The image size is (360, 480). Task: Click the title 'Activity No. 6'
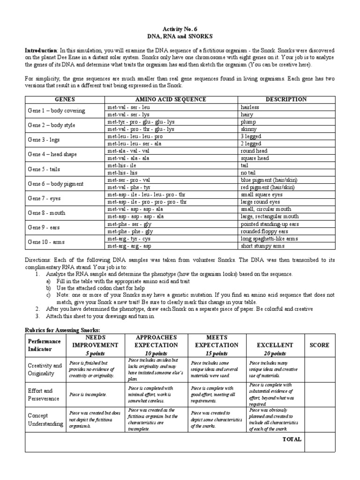coord(180,28)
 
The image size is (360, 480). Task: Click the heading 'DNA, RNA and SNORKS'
coord(180,36)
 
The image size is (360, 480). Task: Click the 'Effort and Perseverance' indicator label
coord(43,394)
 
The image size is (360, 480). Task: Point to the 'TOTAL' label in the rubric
coord(292,439)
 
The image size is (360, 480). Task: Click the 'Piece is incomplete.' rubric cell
coord(88,394)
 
